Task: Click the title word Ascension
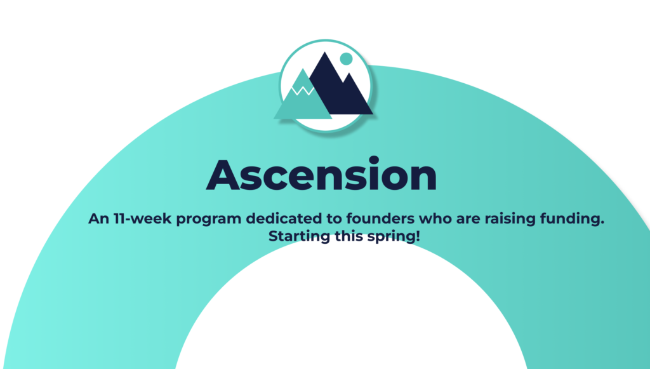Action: point(321,174)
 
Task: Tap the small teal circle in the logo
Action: point(346,59)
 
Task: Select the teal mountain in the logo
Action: point(303,98)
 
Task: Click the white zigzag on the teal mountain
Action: point(303,90)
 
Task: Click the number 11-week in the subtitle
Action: point(142,218)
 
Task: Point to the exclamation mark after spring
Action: point(418,236)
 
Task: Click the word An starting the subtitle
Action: point(98,218)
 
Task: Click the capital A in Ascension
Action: point(223,175)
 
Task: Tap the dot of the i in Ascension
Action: point(374,160)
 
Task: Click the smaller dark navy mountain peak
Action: point(349,75)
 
